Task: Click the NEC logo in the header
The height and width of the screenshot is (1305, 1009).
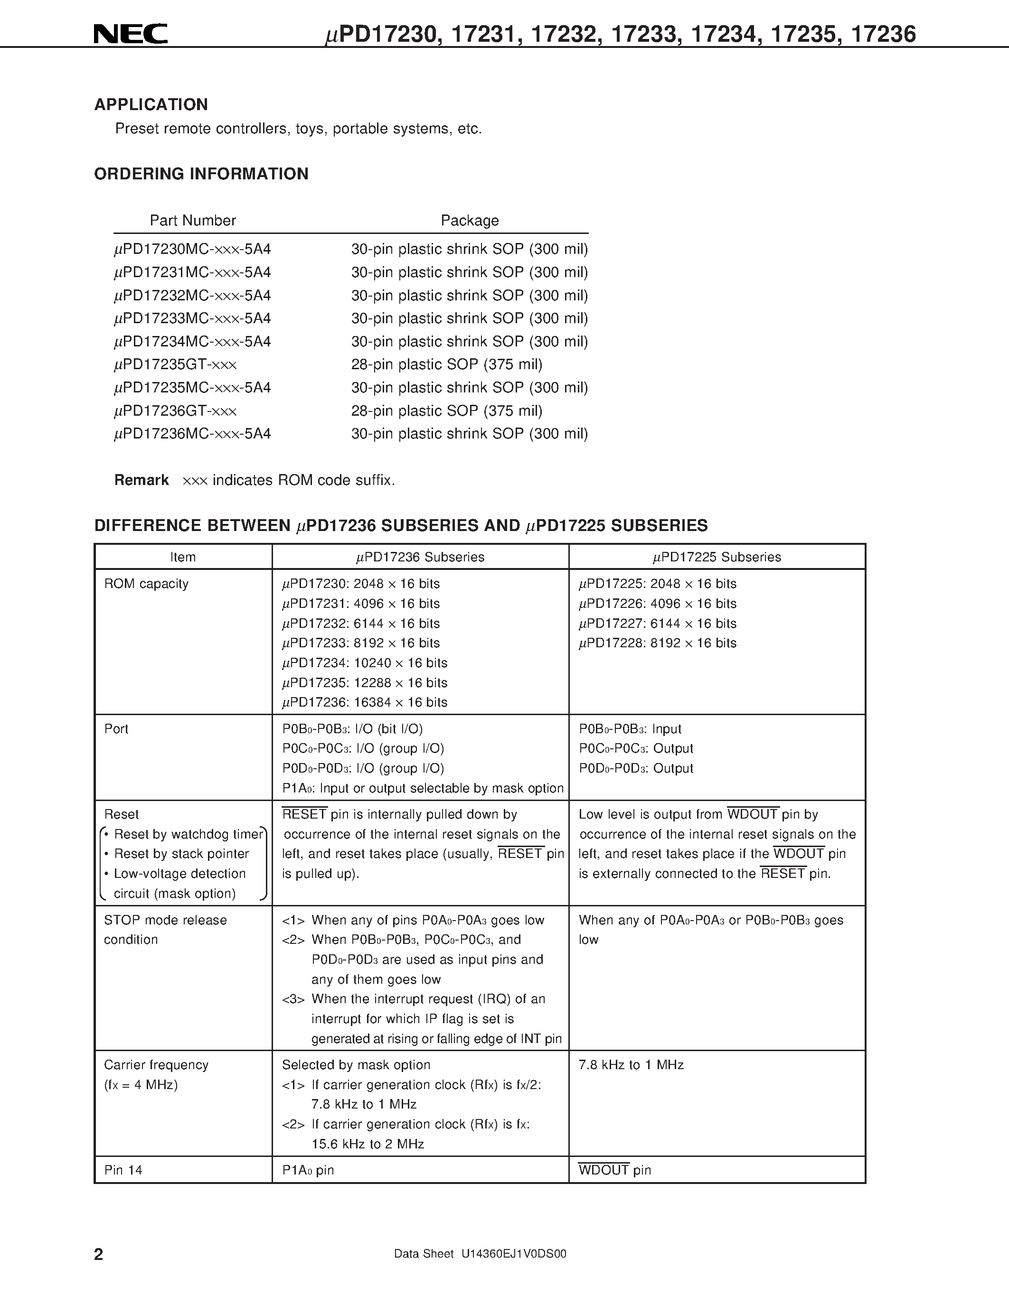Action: [x=130, y=34]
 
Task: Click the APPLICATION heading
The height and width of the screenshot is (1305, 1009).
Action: [x=151, y=104]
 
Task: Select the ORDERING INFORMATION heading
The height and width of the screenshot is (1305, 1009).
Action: [x=201, y=174]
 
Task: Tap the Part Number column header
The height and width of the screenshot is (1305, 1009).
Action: [x=192, y=221]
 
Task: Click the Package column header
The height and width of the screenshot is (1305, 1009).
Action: [x=469, y=221]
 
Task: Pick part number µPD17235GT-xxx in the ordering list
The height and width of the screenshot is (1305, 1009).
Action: [x=175, y=364]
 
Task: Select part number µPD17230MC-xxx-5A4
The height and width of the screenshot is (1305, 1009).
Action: [x=192, y=249]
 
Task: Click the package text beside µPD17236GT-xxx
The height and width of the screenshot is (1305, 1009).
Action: [x=446, y=411]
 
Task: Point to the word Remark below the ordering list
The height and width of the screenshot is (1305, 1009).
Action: [x=141, y=480]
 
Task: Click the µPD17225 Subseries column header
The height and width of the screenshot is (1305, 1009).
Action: [x=717, y=557]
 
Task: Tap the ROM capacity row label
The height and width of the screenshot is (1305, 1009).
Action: [x=146, y=584]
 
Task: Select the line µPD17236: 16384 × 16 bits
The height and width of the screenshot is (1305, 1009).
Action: [x=365, y=702]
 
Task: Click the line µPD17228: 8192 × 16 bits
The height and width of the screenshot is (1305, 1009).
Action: [x=658, y=643]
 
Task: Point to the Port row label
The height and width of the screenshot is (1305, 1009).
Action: [x=116, y=729]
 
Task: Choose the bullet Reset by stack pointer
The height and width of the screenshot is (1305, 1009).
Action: [x=181, y=854]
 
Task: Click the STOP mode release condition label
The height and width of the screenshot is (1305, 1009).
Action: [x=165, y=929]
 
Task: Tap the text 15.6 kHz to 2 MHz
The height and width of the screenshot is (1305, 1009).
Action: [x=368, y=1144]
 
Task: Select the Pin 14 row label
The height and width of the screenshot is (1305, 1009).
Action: [x=123, y=1170]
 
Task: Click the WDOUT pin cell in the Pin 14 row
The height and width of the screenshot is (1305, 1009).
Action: [x=614, y=1170]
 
